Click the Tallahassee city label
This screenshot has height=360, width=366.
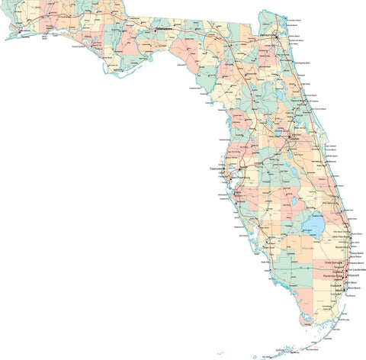pos(164,28)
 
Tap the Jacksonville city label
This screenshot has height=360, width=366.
pos(268,35)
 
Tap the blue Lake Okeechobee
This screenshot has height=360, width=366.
pos(313,225)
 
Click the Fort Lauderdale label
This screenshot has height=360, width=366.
pos(358,269)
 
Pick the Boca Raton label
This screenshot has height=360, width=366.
pos(355,257)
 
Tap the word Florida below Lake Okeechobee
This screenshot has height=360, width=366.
pos(308,248)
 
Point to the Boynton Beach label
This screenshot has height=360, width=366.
pos(341,248)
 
